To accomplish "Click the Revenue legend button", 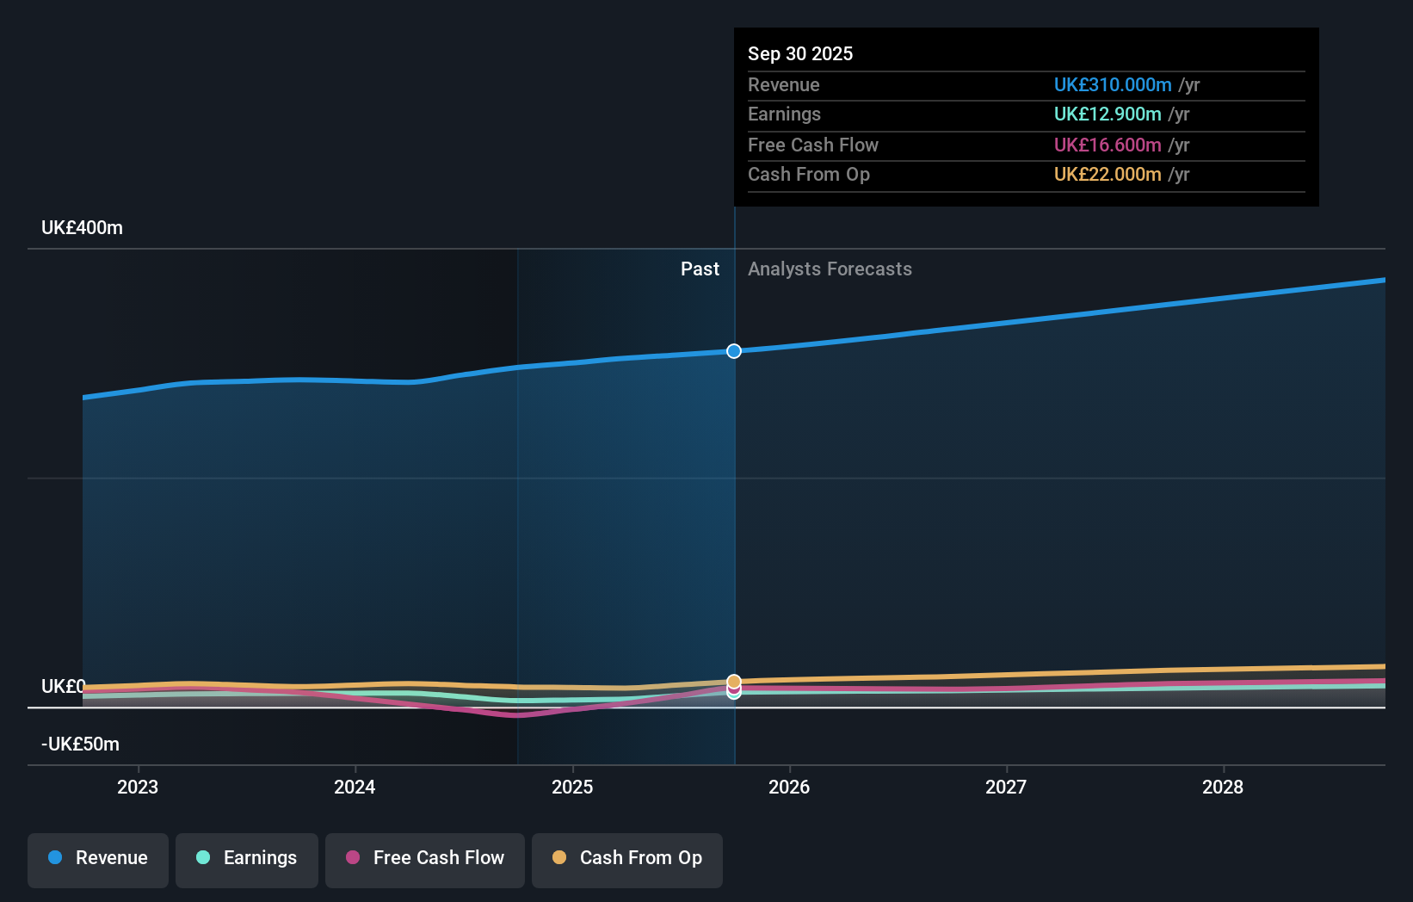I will point(98,858).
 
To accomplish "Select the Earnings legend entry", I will point(247,858).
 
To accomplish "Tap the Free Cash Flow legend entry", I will point(425,858).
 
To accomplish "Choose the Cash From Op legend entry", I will point(627,858).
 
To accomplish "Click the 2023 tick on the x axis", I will point(138,787).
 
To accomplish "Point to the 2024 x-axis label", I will point(355,787).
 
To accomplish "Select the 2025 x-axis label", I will point(572,787).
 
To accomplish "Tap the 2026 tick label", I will point(789,787).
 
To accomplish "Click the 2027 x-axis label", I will point(1006,787).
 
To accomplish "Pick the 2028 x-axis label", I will point(1223,787).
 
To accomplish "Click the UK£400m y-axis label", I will point(82,228).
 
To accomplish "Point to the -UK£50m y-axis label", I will point(80,744).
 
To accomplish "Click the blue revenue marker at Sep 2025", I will point(734,351).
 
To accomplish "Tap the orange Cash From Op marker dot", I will point(734,681).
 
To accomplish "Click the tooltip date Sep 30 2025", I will point(800,54).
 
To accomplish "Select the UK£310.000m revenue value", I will point(1113,85).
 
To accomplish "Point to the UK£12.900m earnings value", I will point(1108,114).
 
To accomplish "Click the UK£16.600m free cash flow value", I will point(1108,145).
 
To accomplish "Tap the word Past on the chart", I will point(700,269).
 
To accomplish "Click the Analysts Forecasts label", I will point(830,269).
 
